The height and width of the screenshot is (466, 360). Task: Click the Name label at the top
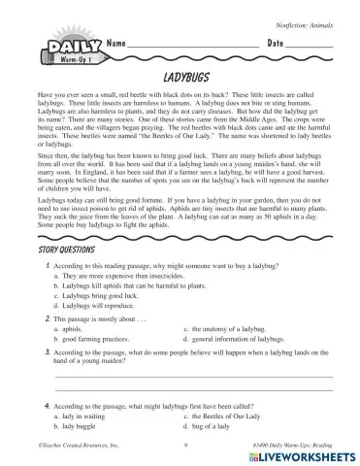pyautogui.click(x=117, y=45)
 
